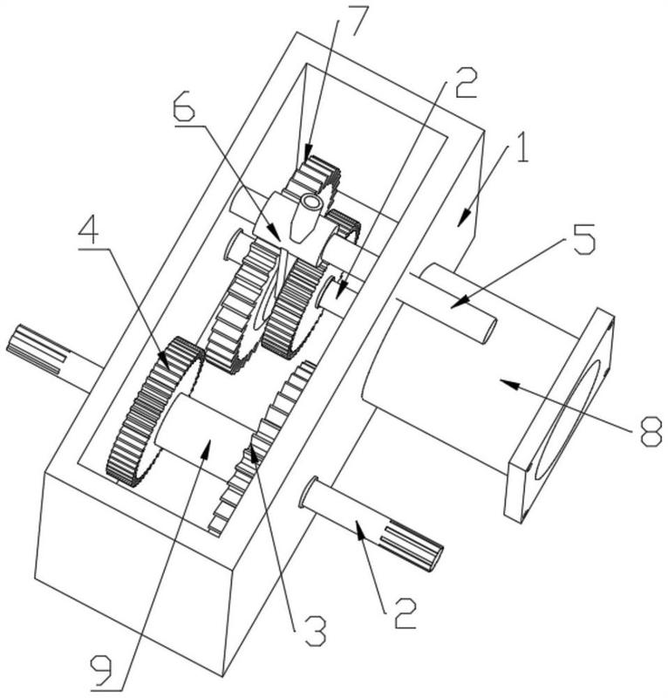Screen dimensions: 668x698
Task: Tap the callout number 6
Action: pyautogui.click(x=184, y=105)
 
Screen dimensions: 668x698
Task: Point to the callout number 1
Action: pyautogui.click(x=520, y=147)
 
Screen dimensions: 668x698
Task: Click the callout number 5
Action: pyautogui.click(x=583, y=238)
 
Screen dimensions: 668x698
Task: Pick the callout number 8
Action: pyautogui.click(x=651, y=429)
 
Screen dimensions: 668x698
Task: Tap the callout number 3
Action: pyautogui.click(x=315, y=630)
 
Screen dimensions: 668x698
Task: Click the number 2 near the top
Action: pyautogui.click(x=466, y=82)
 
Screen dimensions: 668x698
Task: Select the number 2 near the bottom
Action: pyautogui.click(x=405, y=613)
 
